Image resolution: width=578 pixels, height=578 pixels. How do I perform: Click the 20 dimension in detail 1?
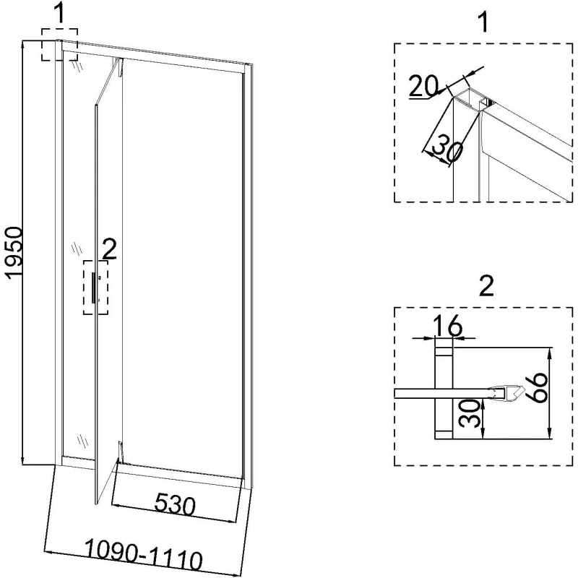coord(423,86)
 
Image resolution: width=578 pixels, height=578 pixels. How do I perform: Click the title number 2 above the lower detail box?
coord(486,286)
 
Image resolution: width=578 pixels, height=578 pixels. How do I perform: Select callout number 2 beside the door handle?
coord(109,249)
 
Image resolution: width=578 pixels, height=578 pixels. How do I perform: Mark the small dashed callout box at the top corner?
coord(59,45)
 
